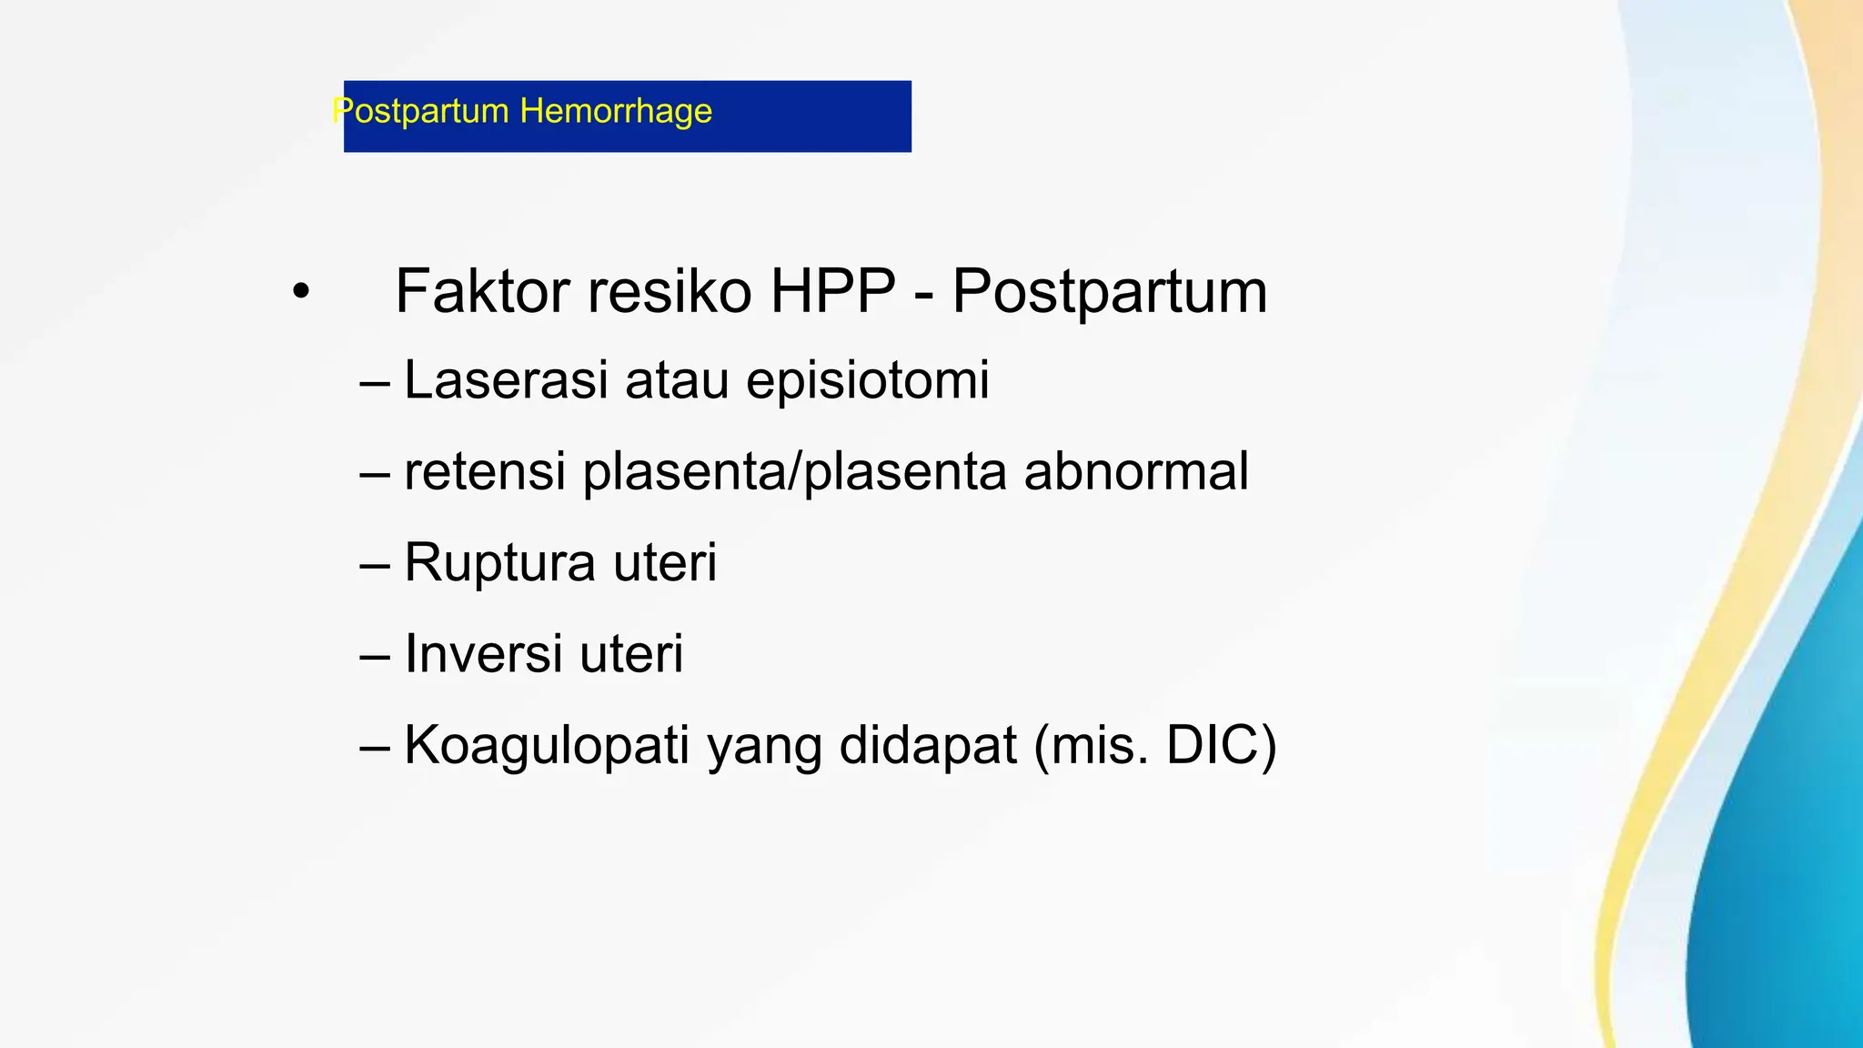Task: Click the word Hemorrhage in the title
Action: click(616, 112)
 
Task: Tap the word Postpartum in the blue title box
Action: click(420, 112)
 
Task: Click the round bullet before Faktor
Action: click(301, 293)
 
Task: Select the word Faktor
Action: click(483, 292)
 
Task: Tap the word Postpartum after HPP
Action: click(1109, 292)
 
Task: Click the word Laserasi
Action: click(505, 379)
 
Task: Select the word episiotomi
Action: click(867, 379)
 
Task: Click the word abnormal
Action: click(1136, 472)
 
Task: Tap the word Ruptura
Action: click(499, 562)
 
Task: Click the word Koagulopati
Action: click(547, 745)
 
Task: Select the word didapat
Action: click(928, 745)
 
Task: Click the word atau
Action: click(677, 379)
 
